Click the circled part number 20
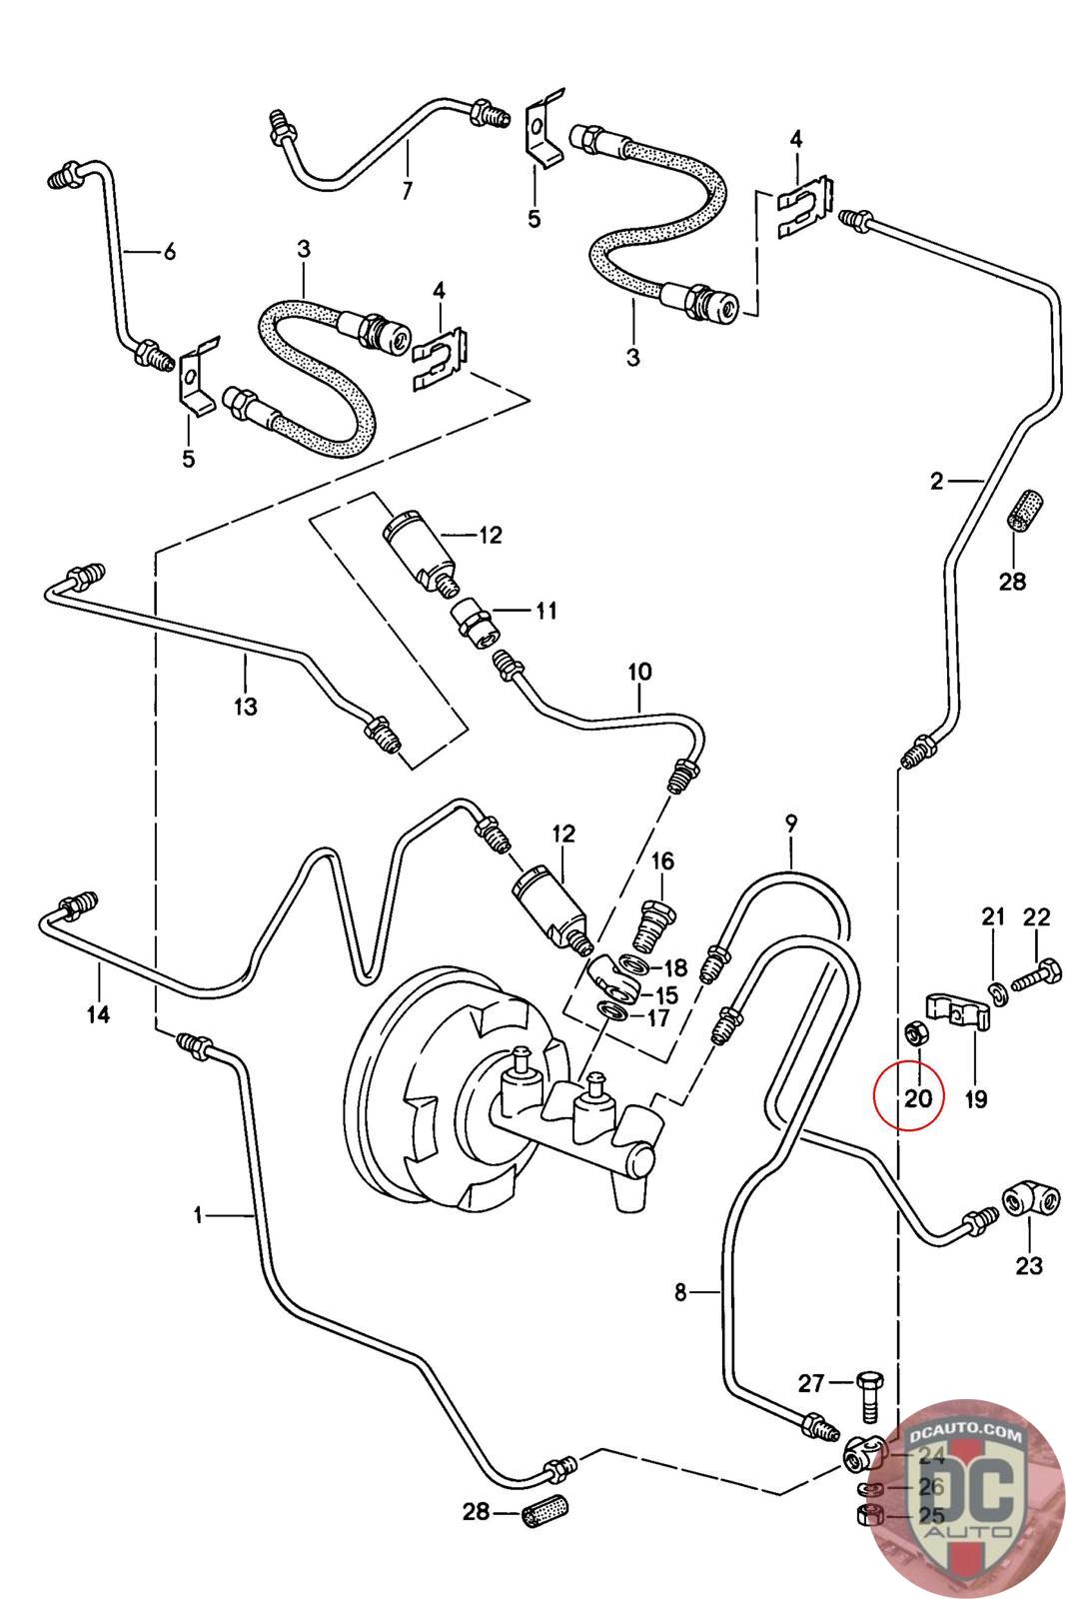pyautogui.click(x=917, y=1098)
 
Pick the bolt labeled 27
pyautogui.click(x=866, y=1396)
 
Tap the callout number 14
pyautogui.click(x=97, y=1015)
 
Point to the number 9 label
pyautogui.click(x=790, y=824)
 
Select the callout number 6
pyautogui.click(x=170, y=252)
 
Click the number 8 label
pyautogui.click(x=680, y=1293)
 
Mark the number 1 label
pyautogui.click(x=198, y=1215)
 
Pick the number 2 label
pyautogui.click(x=935, y=481)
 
